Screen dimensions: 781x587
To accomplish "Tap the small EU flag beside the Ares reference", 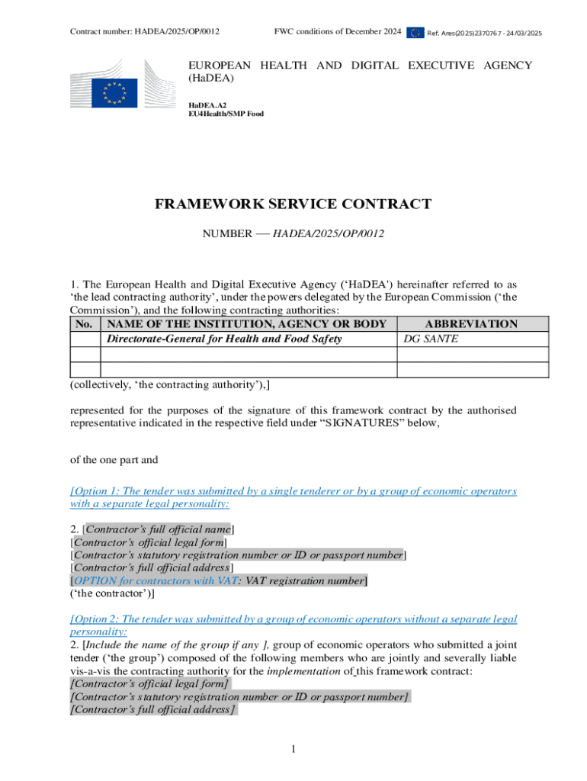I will pos(415,32).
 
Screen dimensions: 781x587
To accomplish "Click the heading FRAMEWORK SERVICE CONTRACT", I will pos(293,204).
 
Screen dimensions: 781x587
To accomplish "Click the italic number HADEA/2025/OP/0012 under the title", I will pos(329,232).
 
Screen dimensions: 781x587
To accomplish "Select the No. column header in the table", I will pos(85,324).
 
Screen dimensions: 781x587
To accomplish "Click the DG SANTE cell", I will pos(431,339).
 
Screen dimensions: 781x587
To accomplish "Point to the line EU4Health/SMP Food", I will pos(226,114).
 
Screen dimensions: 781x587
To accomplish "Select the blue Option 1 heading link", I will pos(293,497).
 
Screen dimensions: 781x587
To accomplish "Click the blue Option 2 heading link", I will pos(293,625).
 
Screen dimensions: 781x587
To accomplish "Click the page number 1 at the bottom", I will pos(293,750).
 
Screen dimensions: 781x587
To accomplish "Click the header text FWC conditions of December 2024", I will pos(338,32).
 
